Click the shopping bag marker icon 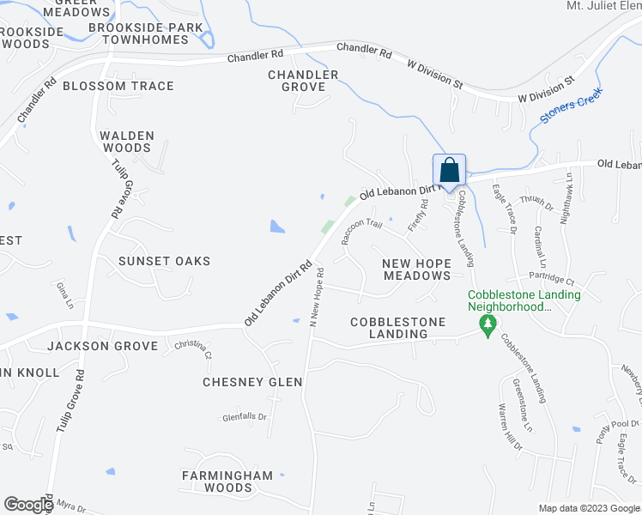tap(449, 169)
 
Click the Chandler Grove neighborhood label tap(297, 81)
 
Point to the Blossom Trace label tap(118, 86)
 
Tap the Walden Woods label tap(126, 142)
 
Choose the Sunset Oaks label tap(164, 260)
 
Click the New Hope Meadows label tap(416, 269)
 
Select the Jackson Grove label tap(103, 346)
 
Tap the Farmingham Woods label tap(227, 481)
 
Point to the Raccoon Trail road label tap(361, 228)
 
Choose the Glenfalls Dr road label tap(245, 417)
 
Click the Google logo tap(28, 505)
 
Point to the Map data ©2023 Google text tap(588, 508)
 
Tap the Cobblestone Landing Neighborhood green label tap(524, 300)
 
